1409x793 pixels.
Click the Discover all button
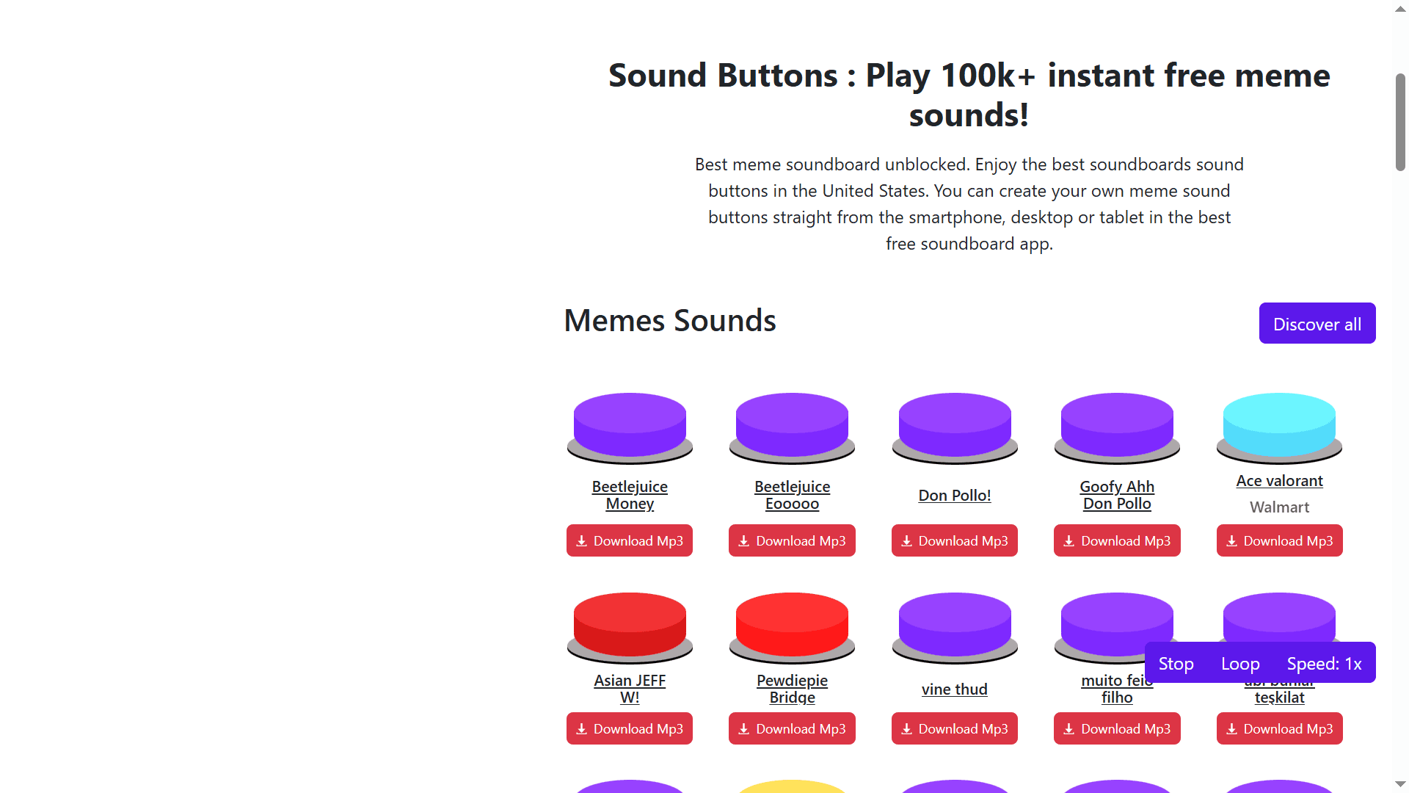tap(1317, 324)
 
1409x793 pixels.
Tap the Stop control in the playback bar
tap(1176, 664)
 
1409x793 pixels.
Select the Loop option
tap(1240, 664)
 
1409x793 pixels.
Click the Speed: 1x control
tap(1324, 664)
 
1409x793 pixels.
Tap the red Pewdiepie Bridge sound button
tap(792, 623)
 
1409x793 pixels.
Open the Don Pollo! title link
tap(954, 496)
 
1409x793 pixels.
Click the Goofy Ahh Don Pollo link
tap(1117, 495)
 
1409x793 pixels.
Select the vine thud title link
tap(954, 689)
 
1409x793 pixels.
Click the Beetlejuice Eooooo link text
tap(792, 495)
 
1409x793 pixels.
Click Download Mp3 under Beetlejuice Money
tap(630, 541)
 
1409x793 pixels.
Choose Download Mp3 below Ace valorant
tap(1279, 541)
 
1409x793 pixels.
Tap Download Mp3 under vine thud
tap(954, 729)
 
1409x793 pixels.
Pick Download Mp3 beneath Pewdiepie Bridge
tap(792, 729)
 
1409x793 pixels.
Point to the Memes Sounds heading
tap(669, 321)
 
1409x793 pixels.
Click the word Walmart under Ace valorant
tap(1279, 507)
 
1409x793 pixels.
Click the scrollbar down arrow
tap(1400, 784)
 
